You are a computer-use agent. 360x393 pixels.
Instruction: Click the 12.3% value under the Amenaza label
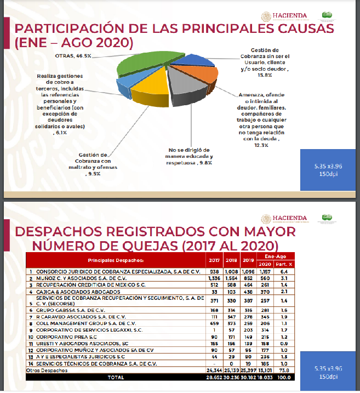261,145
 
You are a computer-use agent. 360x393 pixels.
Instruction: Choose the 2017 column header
215,260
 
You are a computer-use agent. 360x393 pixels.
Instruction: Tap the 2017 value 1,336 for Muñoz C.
215,278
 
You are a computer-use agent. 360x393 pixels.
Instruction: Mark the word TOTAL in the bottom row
116,378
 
